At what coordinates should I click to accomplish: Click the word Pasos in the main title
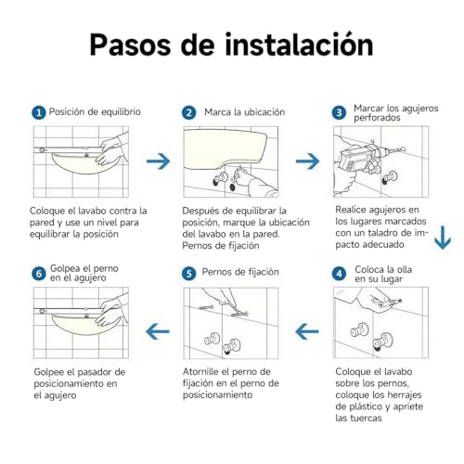coord(130,45)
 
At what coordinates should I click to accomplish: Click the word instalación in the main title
coord(299,45)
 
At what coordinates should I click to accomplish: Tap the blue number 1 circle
coord(39,112)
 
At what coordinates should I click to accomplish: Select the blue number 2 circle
coord(188,112)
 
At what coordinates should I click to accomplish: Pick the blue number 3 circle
coord(339,112)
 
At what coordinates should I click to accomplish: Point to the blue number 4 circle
coord(339,274)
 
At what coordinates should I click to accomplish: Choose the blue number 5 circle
coord(188,274)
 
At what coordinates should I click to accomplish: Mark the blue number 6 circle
coord(39,274)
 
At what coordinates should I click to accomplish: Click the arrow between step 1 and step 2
coord(159,161)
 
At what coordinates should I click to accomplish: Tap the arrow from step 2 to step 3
coord(308,161)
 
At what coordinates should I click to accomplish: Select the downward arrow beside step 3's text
coord(443,238)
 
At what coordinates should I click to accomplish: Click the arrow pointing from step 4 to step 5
coord(307,331)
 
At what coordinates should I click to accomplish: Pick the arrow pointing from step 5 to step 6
coord(158,331)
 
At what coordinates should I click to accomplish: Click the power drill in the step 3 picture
coord(365,160)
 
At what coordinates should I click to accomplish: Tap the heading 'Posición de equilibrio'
coord(95,112)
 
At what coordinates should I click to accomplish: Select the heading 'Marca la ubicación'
coord(244,112)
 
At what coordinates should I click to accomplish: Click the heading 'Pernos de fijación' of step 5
coord(240,272)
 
